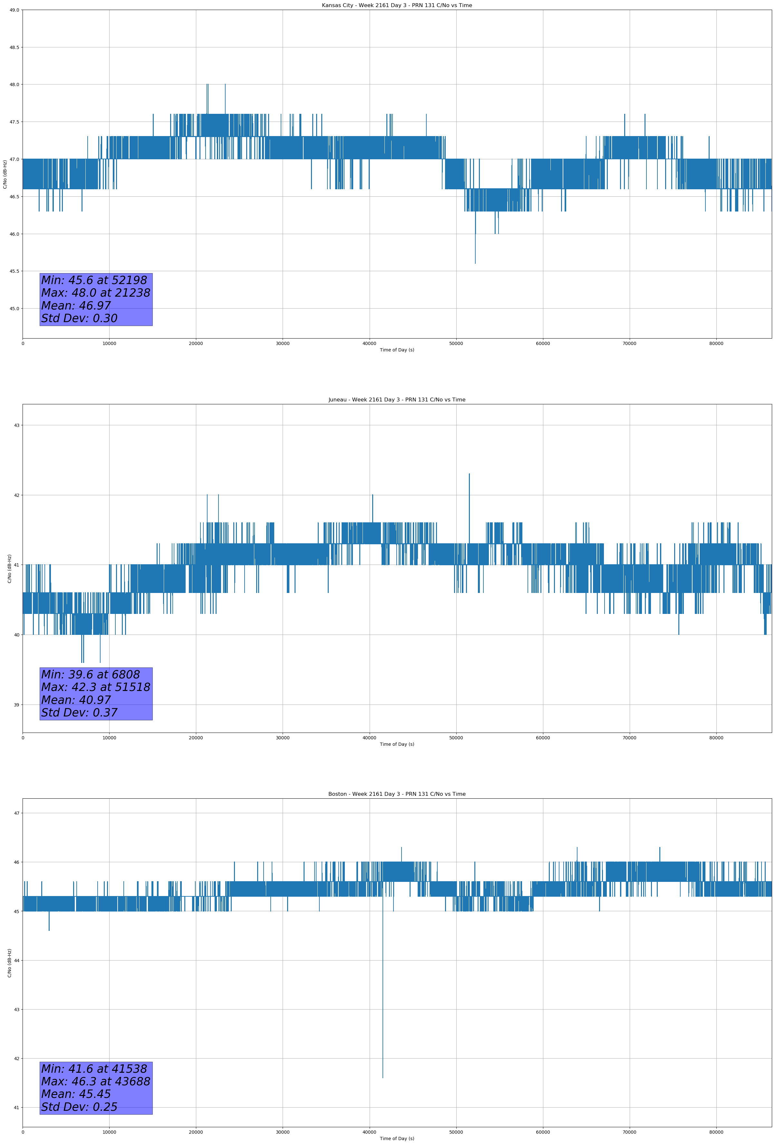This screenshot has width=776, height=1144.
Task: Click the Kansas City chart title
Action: pos(397,5)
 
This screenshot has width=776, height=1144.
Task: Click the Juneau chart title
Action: pos(397,400)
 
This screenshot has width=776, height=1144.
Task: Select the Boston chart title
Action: pos(397,794)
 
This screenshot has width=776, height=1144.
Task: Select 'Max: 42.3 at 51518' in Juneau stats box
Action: pos(95,687)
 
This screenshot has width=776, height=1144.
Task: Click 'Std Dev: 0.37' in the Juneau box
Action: pos(79,713)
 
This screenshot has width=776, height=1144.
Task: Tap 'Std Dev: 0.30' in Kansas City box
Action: pos(79,319)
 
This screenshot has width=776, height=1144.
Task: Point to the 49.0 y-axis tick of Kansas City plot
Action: pos(14,10)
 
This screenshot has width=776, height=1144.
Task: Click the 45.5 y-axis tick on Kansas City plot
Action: pos(14,271)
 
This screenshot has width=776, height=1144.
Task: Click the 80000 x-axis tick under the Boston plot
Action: pos(716,1132)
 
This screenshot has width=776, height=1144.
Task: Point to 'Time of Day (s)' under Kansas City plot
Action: pos(397,350)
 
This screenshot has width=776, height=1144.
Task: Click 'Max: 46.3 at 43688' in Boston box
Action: pos(95,1081)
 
